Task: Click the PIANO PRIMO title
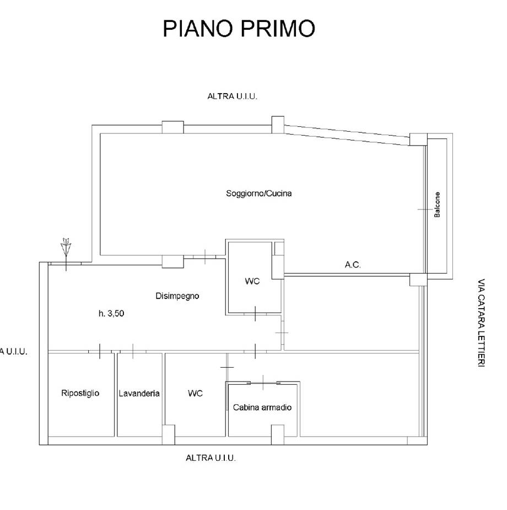coord(239,28)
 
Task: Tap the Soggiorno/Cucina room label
coord(258,194)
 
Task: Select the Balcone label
coord(437,205)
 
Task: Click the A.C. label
coord(353,265)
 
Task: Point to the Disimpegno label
coord(177,296)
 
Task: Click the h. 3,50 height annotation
coord(111,313)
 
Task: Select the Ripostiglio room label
coord(80,393)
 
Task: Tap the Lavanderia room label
coord(139,394)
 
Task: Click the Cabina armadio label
coord(262,407)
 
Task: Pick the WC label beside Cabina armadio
coord(195,394)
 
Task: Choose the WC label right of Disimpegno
coord(252,281)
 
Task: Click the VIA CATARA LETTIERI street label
coord(481,323)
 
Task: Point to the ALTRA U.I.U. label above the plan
coord(233,96)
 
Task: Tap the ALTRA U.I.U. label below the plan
coord(211,458)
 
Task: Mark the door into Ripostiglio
coord(100,351)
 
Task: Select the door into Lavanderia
coord(133,351)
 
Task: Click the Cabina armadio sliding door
coord(263,383)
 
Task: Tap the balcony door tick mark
coord(425,210)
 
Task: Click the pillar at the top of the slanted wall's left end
coord(278,125)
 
